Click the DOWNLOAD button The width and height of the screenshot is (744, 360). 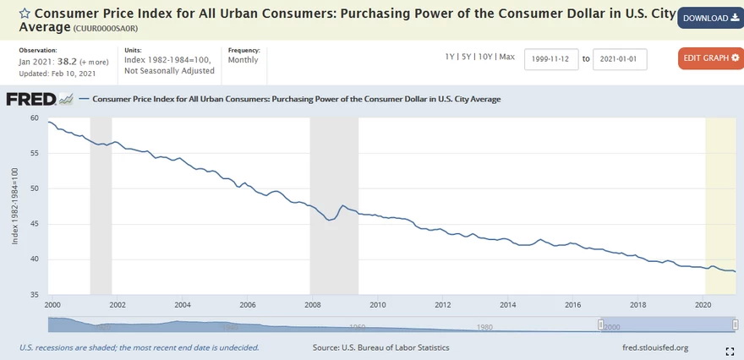click(x=710, y=18)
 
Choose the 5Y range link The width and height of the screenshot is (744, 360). click(x=467, y=57)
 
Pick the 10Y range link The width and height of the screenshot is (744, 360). click(x=484, y=57)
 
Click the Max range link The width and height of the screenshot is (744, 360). click(x=506, y=57)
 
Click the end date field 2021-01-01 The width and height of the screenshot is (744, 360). click(x=620, y=59)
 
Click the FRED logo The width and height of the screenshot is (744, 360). click(x=39, y=100)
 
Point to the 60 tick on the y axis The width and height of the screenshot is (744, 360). click(x=35, y=117)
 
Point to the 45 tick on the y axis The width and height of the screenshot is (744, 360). click(x=35, y=224)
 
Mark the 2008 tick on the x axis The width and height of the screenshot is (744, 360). click(x=312, y=304)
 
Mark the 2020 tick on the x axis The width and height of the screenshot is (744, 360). click(x=703, y=304)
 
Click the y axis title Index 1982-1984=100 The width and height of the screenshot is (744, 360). click(x=14, y=206)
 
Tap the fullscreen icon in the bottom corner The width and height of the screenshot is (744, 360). click(x=730, y=350)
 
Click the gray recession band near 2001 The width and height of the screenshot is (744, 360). click(x=101, y=203)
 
